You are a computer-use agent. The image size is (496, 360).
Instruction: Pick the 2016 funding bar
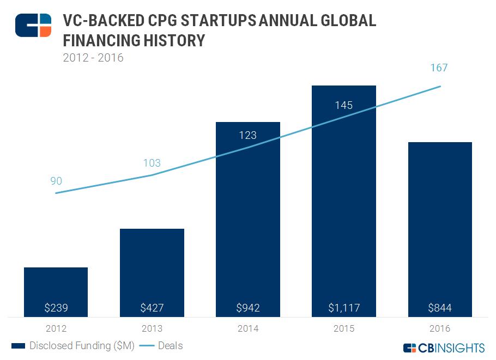440,229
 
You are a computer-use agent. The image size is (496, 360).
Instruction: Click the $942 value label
248,308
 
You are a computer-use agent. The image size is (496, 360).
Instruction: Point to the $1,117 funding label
344,308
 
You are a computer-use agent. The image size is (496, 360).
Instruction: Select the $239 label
56,308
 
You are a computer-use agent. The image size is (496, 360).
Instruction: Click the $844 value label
440,308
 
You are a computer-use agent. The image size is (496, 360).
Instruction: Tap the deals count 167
439,68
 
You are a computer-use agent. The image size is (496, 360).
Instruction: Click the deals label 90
56,181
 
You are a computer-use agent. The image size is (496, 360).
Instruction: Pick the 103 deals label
152,163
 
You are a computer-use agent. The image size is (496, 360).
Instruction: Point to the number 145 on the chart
344,105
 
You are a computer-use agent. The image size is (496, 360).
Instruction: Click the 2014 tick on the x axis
248,328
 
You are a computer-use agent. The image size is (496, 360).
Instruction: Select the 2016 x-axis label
440,328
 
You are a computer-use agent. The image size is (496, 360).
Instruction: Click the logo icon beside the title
33,25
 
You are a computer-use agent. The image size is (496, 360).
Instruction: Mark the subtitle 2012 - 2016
93,57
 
